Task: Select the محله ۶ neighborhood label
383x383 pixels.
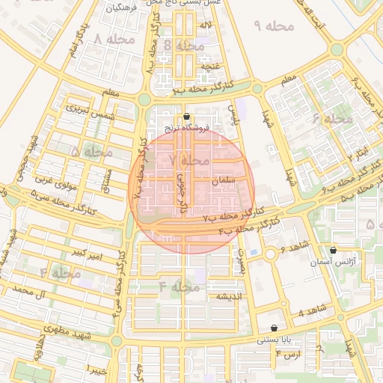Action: click(331, 119)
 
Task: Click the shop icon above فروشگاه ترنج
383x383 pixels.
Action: click(186, 117)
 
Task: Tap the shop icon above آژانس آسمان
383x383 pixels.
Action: click(333, 251)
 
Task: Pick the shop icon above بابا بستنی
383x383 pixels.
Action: click(275, 328)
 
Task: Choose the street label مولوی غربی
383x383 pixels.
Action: click(52, 180)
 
